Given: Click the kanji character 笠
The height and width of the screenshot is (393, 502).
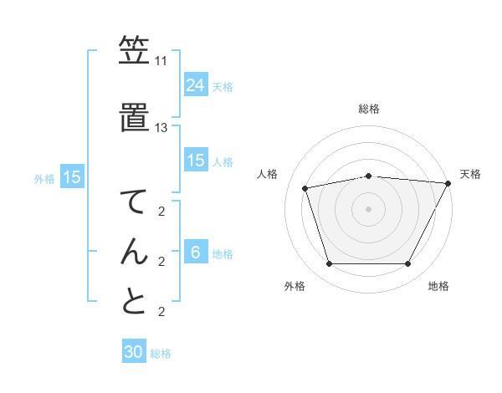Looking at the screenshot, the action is (x=134, y=52).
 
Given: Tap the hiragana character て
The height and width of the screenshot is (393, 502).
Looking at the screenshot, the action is (x=134, y=203).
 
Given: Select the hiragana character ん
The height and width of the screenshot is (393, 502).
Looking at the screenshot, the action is (x=134, y=251).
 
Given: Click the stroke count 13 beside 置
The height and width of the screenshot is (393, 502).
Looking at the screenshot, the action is (x=161, y=128).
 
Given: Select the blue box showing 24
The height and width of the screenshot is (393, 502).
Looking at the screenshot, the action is (x=196, y=84).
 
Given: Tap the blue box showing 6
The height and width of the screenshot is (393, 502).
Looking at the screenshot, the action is (x=196, y=253).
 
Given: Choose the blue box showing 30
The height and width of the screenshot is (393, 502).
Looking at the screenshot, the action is (x=134, y=352).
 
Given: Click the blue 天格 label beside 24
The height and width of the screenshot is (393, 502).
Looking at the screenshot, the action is (x=223, y=86).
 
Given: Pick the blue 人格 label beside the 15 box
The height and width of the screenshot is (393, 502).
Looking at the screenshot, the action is (x=223, y=161).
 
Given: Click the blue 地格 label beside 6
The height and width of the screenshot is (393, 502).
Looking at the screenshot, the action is (x=223, y=254).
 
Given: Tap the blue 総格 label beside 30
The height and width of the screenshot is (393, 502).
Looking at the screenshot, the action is (x=161, y=354).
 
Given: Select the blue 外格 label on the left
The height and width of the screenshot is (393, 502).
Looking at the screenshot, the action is (x=44, y=178).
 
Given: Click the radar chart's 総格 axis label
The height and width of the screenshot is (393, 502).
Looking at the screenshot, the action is (x=369, y=109).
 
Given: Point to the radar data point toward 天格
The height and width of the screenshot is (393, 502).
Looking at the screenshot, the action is (x=448, y=183).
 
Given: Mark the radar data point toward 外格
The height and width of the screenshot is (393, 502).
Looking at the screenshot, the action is (x=329, y=264).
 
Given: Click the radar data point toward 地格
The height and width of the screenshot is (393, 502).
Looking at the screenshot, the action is (x=408, y=264).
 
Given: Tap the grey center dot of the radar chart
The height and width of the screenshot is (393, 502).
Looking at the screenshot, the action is (x=369, y=208).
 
